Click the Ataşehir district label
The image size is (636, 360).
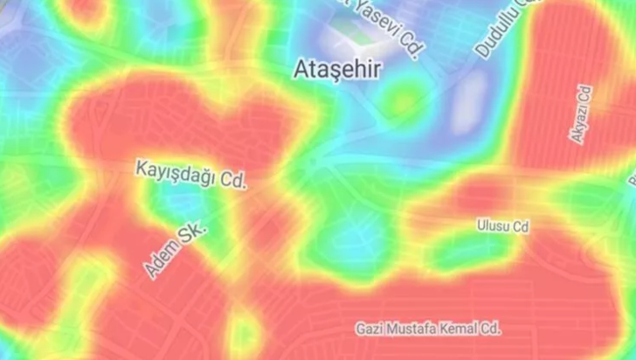click(x=337, y=70)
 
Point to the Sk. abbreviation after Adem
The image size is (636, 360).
click(x=195, y=232)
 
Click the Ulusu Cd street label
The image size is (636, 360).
click(x=503, y=227)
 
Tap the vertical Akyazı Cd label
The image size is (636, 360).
click(x=581, y=115)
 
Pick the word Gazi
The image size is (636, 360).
click(x=370, y=329)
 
